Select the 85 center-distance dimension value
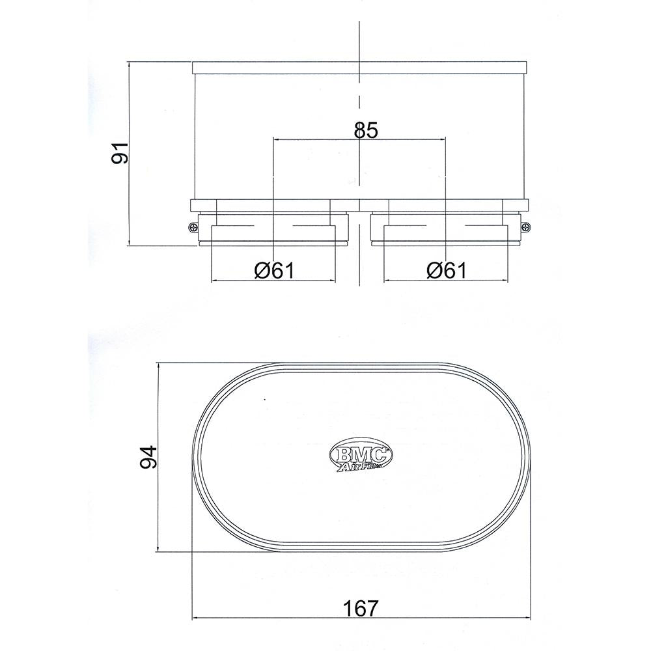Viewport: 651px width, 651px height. click(x=366, y=130)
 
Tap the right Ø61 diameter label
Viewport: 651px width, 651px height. click(x=447, y=270)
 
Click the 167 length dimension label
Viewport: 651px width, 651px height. click(x=359, y=608)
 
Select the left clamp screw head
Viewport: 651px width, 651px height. click(x=193, y=227)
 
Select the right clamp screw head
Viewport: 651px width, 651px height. click(x=526, y=227)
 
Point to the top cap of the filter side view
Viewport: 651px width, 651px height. click(x=359, y=67)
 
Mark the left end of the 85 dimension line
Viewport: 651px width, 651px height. click(x=273, y=139)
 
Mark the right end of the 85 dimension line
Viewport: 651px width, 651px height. click(x=446, y=139)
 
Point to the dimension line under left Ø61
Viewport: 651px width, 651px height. click(x=273, y=281)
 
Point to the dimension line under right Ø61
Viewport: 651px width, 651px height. click(x=446, y=281)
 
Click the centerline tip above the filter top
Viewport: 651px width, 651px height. click(x=359, y=23)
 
